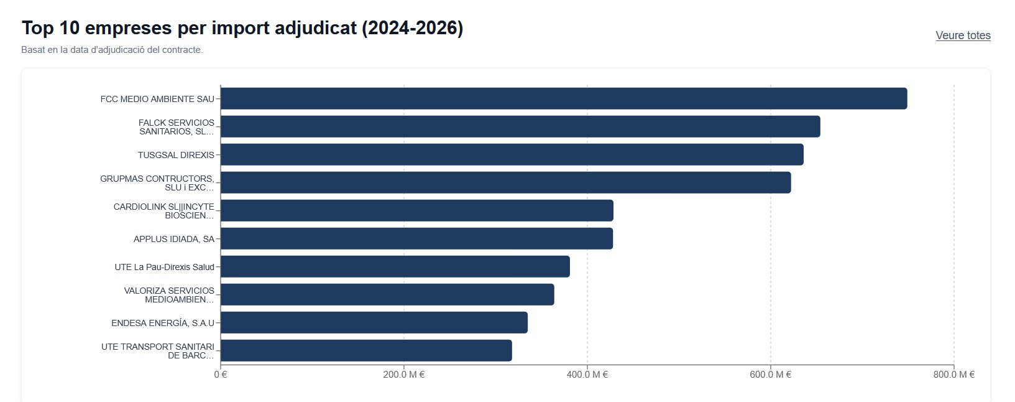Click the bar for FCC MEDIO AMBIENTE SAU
point(563,98)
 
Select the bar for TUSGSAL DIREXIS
point(512,154)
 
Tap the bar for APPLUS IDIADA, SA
point(416,238)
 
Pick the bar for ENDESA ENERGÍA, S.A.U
point(374,322)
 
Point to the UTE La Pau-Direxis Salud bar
point(395,266)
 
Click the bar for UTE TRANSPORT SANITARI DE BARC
point(366,350)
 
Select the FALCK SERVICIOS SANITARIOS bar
point(520,126)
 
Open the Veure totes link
point(963,35)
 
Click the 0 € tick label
point(221,375)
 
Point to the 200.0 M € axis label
point(404,375)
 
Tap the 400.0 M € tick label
point(587,375)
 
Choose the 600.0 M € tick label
point(771,375)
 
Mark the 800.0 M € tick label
point(954,375)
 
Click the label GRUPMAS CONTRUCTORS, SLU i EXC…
point(157,183)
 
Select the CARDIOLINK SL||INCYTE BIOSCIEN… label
point(164,211)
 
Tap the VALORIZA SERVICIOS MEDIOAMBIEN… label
point(169,295)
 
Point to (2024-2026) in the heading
point(413,28)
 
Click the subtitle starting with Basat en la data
point(112,50)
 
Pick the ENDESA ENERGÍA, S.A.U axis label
point(163,323)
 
